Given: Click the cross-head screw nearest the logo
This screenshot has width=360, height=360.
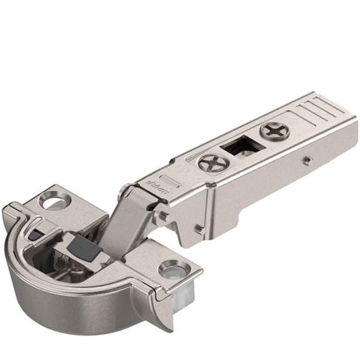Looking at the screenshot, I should coord(209,164).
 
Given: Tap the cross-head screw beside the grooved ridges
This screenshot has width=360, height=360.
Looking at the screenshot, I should coord(272,131).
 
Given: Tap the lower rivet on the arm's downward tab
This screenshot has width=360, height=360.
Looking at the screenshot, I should coord(199,230).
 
